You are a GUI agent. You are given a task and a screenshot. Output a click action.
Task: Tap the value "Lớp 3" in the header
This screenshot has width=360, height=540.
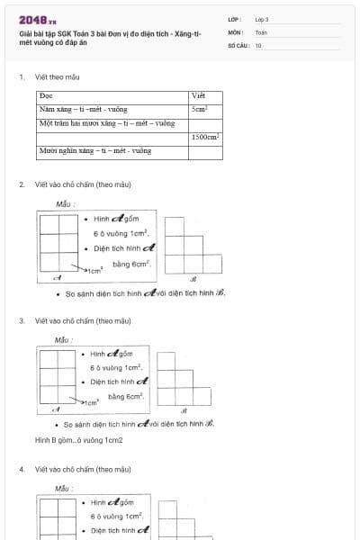pyautogui.click(x=261, y=19)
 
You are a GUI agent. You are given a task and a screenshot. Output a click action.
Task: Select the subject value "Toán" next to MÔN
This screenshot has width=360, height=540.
pyautogui.click(x=261, y=31)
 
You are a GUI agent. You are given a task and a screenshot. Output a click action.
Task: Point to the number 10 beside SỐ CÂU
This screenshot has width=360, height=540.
pyautogui.click(x=258, y=44)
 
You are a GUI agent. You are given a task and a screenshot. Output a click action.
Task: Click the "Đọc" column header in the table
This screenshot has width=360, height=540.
pyautogui.click(x=47, y=94)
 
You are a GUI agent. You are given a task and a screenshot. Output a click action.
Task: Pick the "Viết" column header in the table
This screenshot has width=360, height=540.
pyautogui.click(x=199, y=94)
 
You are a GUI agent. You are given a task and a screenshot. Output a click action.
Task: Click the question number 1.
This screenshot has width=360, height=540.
pyautogui.click(x=21, y=77)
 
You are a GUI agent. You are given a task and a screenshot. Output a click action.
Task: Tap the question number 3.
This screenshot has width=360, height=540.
pyautogui.click(x=21, y=320)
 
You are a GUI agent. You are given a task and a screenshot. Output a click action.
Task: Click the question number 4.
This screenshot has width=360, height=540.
pyautogui.click(x=21, y=469)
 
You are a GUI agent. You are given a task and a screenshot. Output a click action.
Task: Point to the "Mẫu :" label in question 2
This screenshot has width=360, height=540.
pyautogui.click(x=64, y=204)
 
